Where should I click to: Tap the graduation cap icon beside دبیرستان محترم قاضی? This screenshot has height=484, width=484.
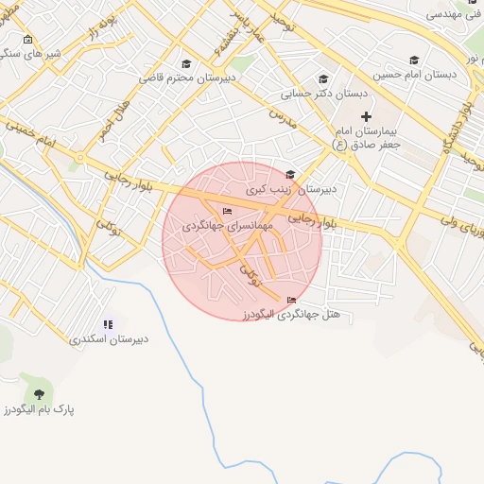point(186,64)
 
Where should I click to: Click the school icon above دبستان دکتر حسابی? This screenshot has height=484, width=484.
point(323,79)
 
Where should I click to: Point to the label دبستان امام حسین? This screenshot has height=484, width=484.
point(414,74)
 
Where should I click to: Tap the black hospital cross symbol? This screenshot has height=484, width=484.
point(367,116)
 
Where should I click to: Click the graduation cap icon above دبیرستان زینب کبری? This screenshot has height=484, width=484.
point(290,174)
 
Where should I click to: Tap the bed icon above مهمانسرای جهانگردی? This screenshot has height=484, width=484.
point(226,211)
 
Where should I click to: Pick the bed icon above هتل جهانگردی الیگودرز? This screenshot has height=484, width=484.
point(290,301)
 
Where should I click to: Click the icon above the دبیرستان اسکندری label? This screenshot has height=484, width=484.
point(108,324)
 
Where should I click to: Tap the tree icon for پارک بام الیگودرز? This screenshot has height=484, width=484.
point(39,393)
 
